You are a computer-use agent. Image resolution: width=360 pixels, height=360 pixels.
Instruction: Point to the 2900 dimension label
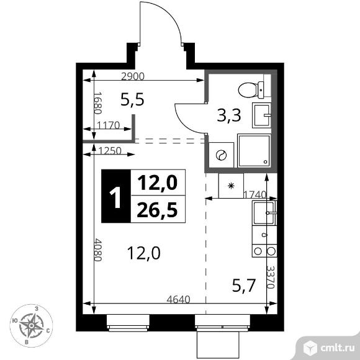[132, 77]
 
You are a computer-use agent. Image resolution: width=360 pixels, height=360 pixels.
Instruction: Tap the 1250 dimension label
[110, 150]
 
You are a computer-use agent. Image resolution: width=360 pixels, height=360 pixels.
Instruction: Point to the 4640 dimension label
[179, 299]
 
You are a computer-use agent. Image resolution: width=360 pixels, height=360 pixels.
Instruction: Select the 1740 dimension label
[254, 195]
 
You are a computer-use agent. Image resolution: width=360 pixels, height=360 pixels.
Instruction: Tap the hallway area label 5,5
[132, 99]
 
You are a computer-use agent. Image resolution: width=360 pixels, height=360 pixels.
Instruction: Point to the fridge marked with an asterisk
[232, 186]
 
